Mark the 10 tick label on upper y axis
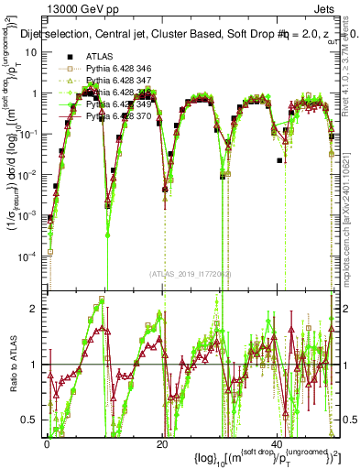(x=34, y=52)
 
